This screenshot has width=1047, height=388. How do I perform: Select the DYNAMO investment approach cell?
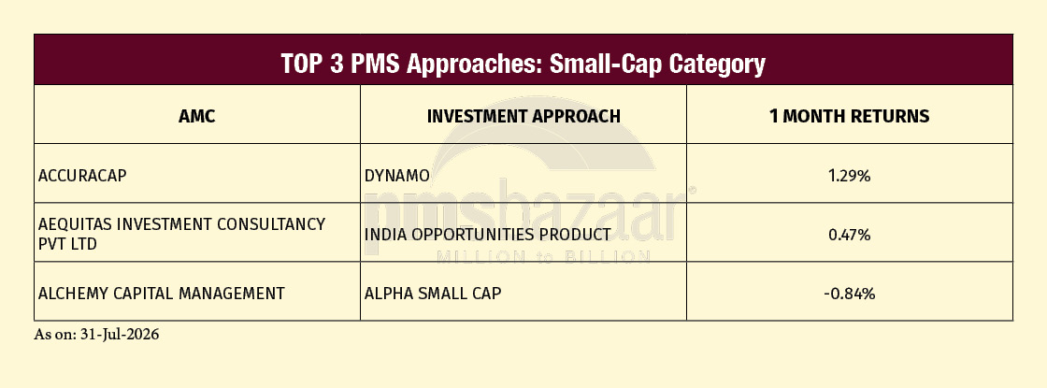click(x=396, y=176)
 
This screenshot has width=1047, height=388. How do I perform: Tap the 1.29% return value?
click(x=850, y=177)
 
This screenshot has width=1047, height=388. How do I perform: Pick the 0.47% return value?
click(x=850, y=235)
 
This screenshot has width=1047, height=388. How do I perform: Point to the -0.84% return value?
click(x=850, y=294)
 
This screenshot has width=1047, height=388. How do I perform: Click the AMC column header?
click(x=197, y=116)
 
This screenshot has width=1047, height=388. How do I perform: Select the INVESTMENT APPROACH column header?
click(x=523, y=116)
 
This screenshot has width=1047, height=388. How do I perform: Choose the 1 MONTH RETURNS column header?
click(x=850, y=116)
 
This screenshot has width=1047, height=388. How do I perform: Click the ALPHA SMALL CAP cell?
click(x=433, y=294)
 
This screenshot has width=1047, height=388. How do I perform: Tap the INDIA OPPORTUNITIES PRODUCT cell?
click(x=487, y=235)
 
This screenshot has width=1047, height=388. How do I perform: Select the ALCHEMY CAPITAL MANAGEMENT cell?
click(x=162, y=294)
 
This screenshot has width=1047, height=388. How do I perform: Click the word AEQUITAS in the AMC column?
click(x=76, y=224)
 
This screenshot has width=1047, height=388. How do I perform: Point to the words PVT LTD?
click(x=67, y=244)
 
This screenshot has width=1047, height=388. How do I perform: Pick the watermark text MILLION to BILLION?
click(x=543, y=256)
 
